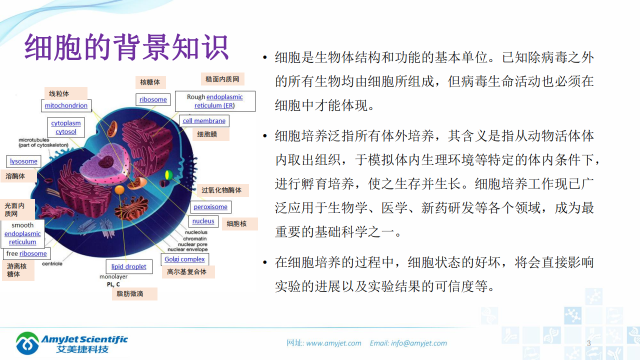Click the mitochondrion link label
click(66, 105)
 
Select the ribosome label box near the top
click(153, 99)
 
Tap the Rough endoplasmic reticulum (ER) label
click(215, 101)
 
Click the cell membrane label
click(204, 120)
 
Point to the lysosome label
click(23, 161)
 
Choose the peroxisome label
click(210, 207)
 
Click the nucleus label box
click(203, 221)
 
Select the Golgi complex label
click(184, 259)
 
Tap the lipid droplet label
click(128, 266)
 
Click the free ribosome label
click(26, 253)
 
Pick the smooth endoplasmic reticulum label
click(22, 233)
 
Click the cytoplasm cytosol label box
click(66, 127)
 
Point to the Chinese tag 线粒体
click(59, 93)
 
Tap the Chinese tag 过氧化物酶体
click(221, 190)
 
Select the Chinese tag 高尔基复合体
click(187, 272)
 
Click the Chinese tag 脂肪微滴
click(130, 293)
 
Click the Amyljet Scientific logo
click(71, 343)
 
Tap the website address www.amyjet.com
click(333, 343)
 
